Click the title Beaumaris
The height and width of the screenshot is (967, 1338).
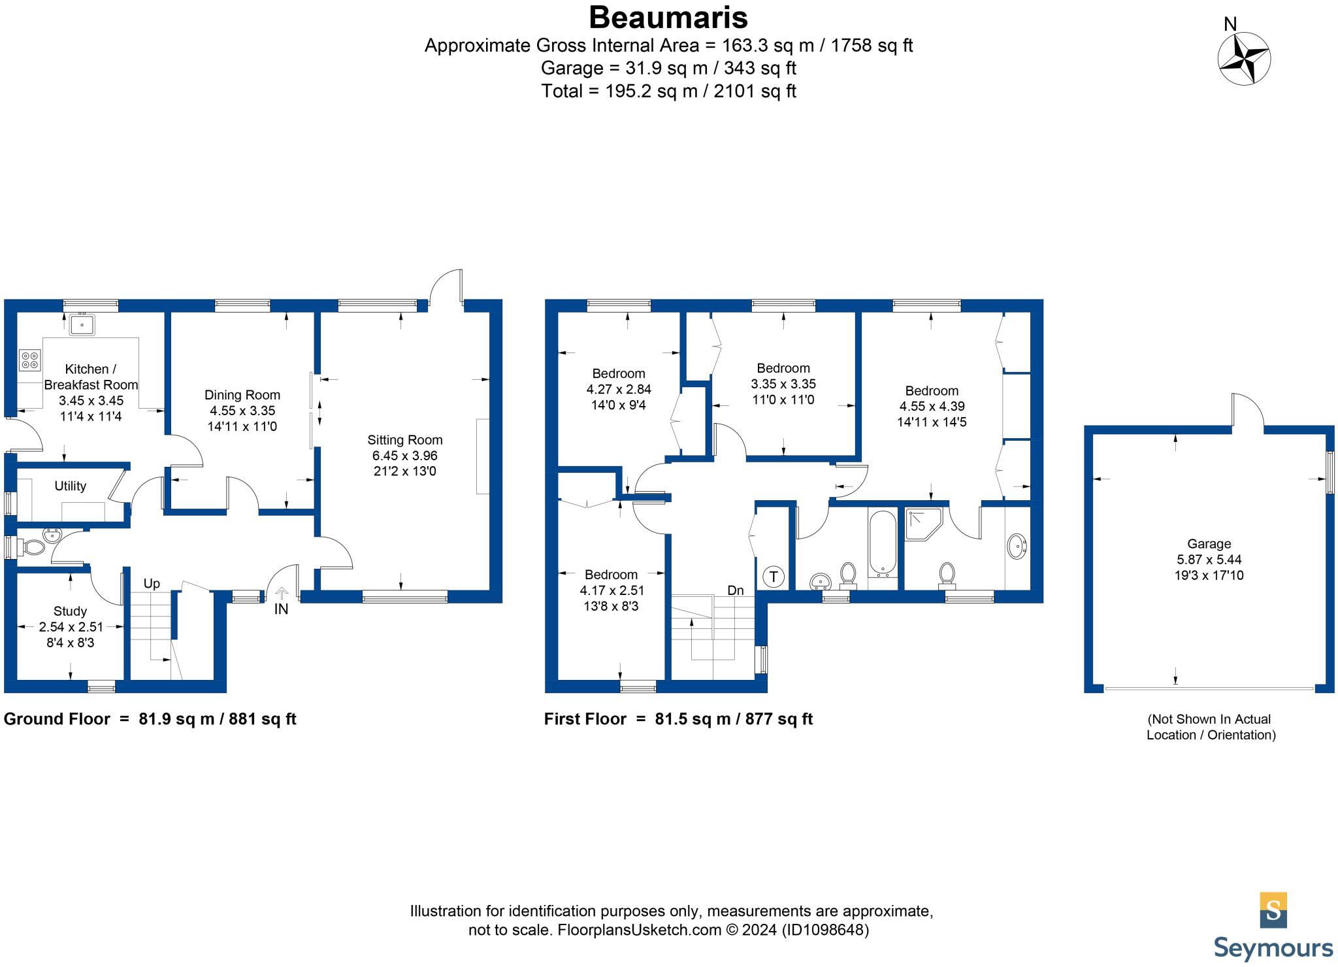click(x=668, y=18)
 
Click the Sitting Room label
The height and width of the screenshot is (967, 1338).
click(x=404, y=440)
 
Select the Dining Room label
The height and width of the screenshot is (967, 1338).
click(x=242, y=395)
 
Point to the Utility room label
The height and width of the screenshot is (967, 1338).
click(x=70, y=486)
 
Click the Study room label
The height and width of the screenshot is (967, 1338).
click(x=70, y=611)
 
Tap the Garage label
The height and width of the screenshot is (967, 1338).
click(x=1209, y=544)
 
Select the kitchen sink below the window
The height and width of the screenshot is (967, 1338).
click(x=82, y=324)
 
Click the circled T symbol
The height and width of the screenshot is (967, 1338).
click(x=774, y=577)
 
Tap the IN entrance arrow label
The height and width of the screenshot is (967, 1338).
click(x=281, y=609)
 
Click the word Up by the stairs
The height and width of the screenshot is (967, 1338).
click(x=152, y=584)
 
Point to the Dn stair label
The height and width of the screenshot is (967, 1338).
click(x=736, y=590)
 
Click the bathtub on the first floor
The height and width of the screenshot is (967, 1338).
click(x=883, y=543)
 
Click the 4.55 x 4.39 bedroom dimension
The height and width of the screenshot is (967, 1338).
click(x=932, y=406)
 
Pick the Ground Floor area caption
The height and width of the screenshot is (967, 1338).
click(x=150, y=719)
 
